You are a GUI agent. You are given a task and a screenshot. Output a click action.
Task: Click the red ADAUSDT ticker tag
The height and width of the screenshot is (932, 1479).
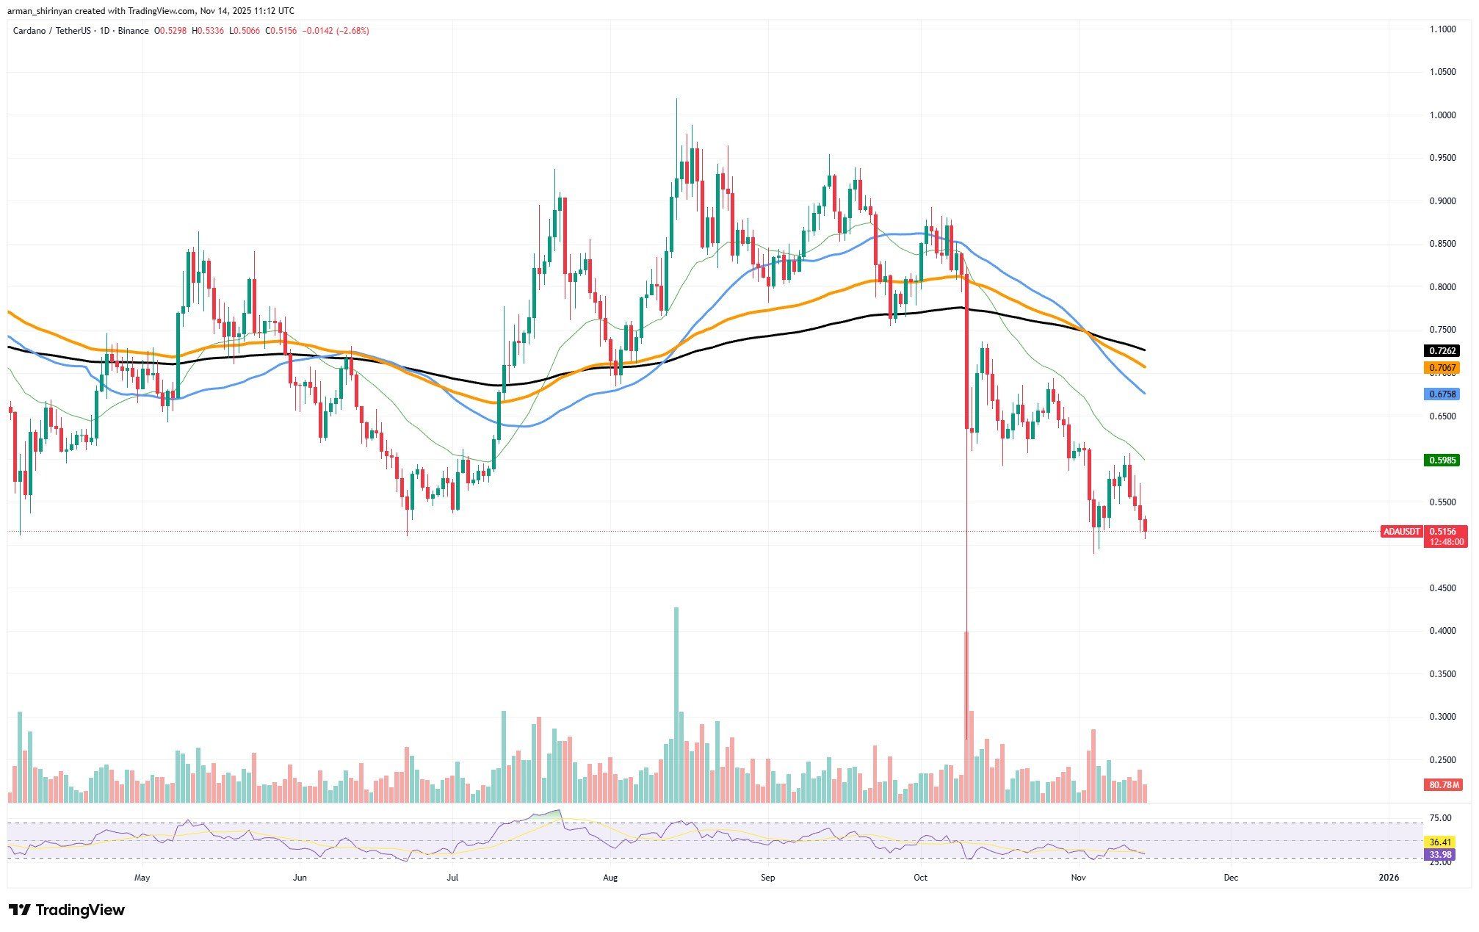[1401, 531]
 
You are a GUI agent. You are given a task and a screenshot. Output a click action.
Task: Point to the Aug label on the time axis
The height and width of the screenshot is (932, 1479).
[610, 878]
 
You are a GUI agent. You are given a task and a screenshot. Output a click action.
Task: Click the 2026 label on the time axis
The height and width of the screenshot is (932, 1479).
[1389, 878]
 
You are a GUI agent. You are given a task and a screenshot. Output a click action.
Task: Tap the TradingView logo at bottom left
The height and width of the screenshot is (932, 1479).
[67, 910]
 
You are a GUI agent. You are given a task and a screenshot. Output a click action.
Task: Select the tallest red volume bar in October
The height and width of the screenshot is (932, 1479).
[966, 716]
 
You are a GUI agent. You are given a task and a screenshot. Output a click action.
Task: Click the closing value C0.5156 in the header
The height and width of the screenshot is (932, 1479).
[281, 31]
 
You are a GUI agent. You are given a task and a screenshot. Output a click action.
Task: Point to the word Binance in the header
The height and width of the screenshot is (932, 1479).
[133, 31]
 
